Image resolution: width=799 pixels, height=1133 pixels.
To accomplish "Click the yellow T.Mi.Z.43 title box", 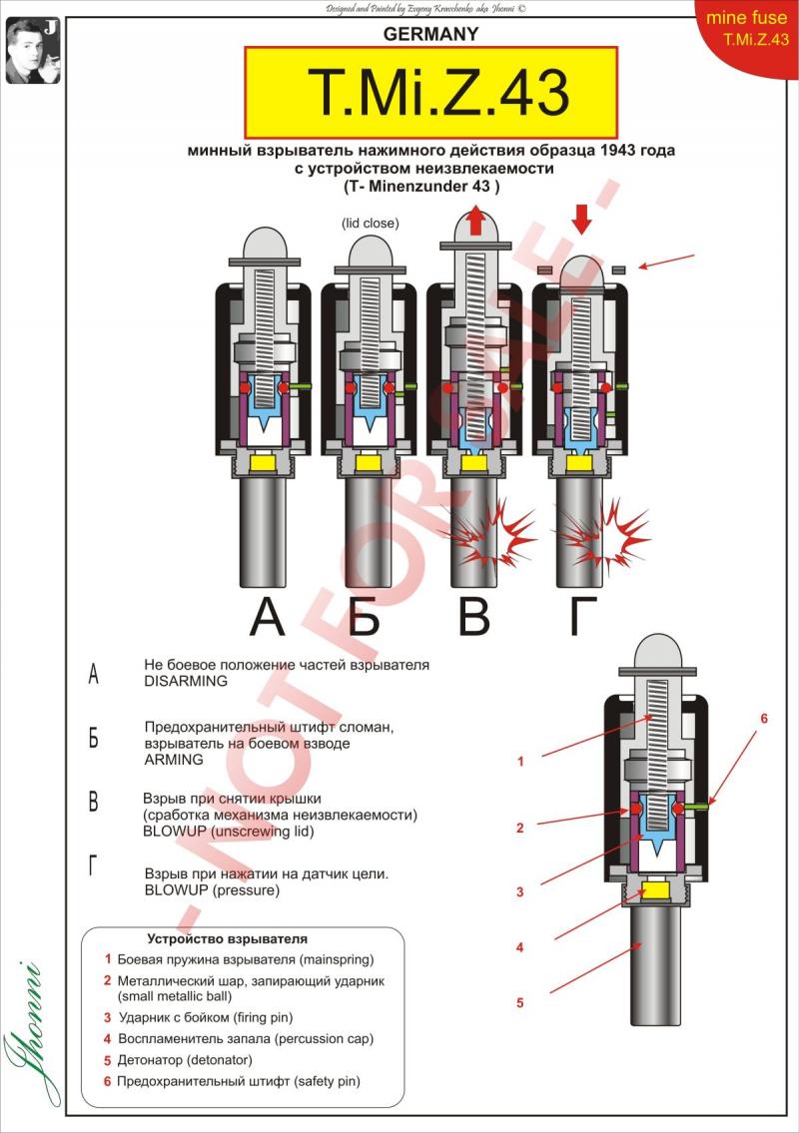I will (x=430, y=93).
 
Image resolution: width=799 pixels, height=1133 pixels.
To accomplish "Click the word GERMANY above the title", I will (x=431, y=34).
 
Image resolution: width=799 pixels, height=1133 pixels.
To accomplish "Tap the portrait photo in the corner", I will (x=27, y=50).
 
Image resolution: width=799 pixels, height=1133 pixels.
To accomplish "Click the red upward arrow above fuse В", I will (x=476, y=221).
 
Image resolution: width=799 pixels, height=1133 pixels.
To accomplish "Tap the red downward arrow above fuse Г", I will (x=582, y=219).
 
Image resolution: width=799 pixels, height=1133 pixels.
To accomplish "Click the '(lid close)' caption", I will (x=369, y=223).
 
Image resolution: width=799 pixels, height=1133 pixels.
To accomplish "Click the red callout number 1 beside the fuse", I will (x=519, y=762).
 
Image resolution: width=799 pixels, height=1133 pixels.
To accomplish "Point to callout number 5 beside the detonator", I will (x=519, y=1002).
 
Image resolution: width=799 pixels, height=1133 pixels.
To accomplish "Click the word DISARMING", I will (x=186, y=681).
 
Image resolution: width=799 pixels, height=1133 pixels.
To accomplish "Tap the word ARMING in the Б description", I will (x=173, y=759).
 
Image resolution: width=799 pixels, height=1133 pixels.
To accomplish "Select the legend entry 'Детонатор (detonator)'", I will (x=185, y=1059).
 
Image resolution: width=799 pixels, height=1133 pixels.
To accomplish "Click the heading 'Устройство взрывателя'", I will (x=227, y=938).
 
